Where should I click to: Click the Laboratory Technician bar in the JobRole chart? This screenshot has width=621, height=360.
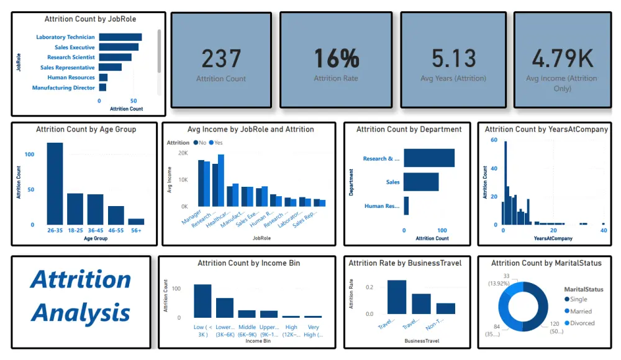[120, 37]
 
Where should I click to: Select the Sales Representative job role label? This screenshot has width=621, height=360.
[67, 68]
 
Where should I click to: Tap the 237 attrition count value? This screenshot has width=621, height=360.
[221, 59]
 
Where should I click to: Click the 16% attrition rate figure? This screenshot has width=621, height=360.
[336, 59]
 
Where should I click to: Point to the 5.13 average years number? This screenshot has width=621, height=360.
[453, 59]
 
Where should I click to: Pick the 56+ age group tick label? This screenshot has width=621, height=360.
[136, 230]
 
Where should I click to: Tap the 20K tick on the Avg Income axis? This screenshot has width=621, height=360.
[183, 153]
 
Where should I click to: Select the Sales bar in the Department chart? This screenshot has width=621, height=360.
[421, 182]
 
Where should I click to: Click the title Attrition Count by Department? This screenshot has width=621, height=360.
[409, 129]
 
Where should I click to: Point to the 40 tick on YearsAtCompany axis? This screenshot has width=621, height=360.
[604, 231]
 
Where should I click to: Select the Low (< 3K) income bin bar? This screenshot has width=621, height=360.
[202, 301]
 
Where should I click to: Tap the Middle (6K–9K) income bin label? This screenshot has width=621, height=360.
[247, 330]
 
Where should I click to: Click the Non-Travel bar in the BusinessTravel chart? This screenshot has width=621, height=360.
[445, 308]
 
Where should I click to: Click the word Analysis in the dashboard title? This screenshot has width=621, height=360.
[81, 312]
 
